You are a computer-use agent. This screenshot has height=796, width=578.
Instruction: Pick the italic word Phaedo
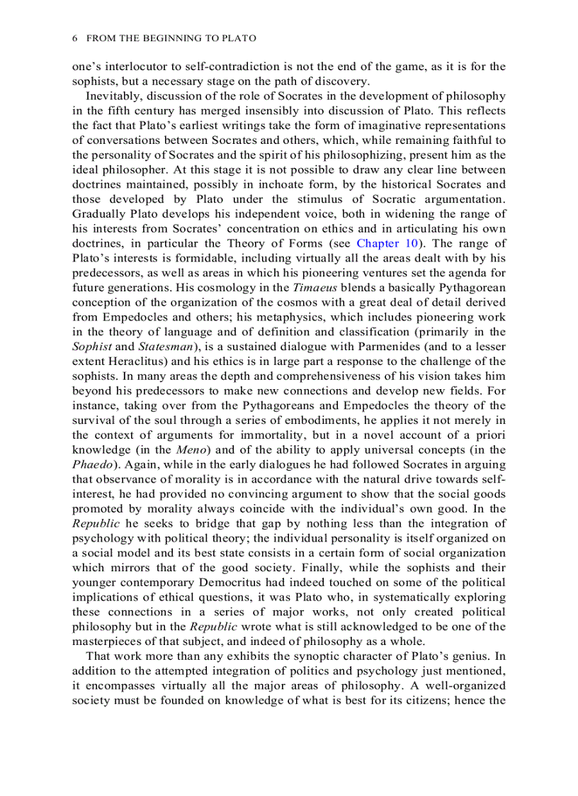pos(91,464)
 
